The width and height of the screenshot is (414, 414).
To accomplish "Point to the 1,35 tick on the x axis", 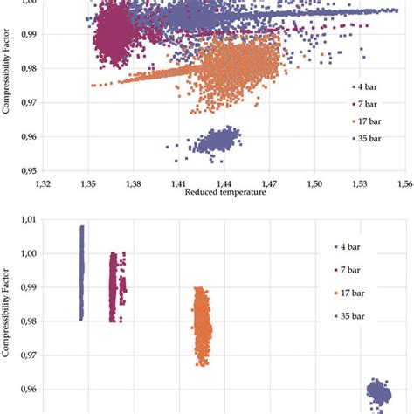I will pyautogui.click(x=87, y=184).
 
